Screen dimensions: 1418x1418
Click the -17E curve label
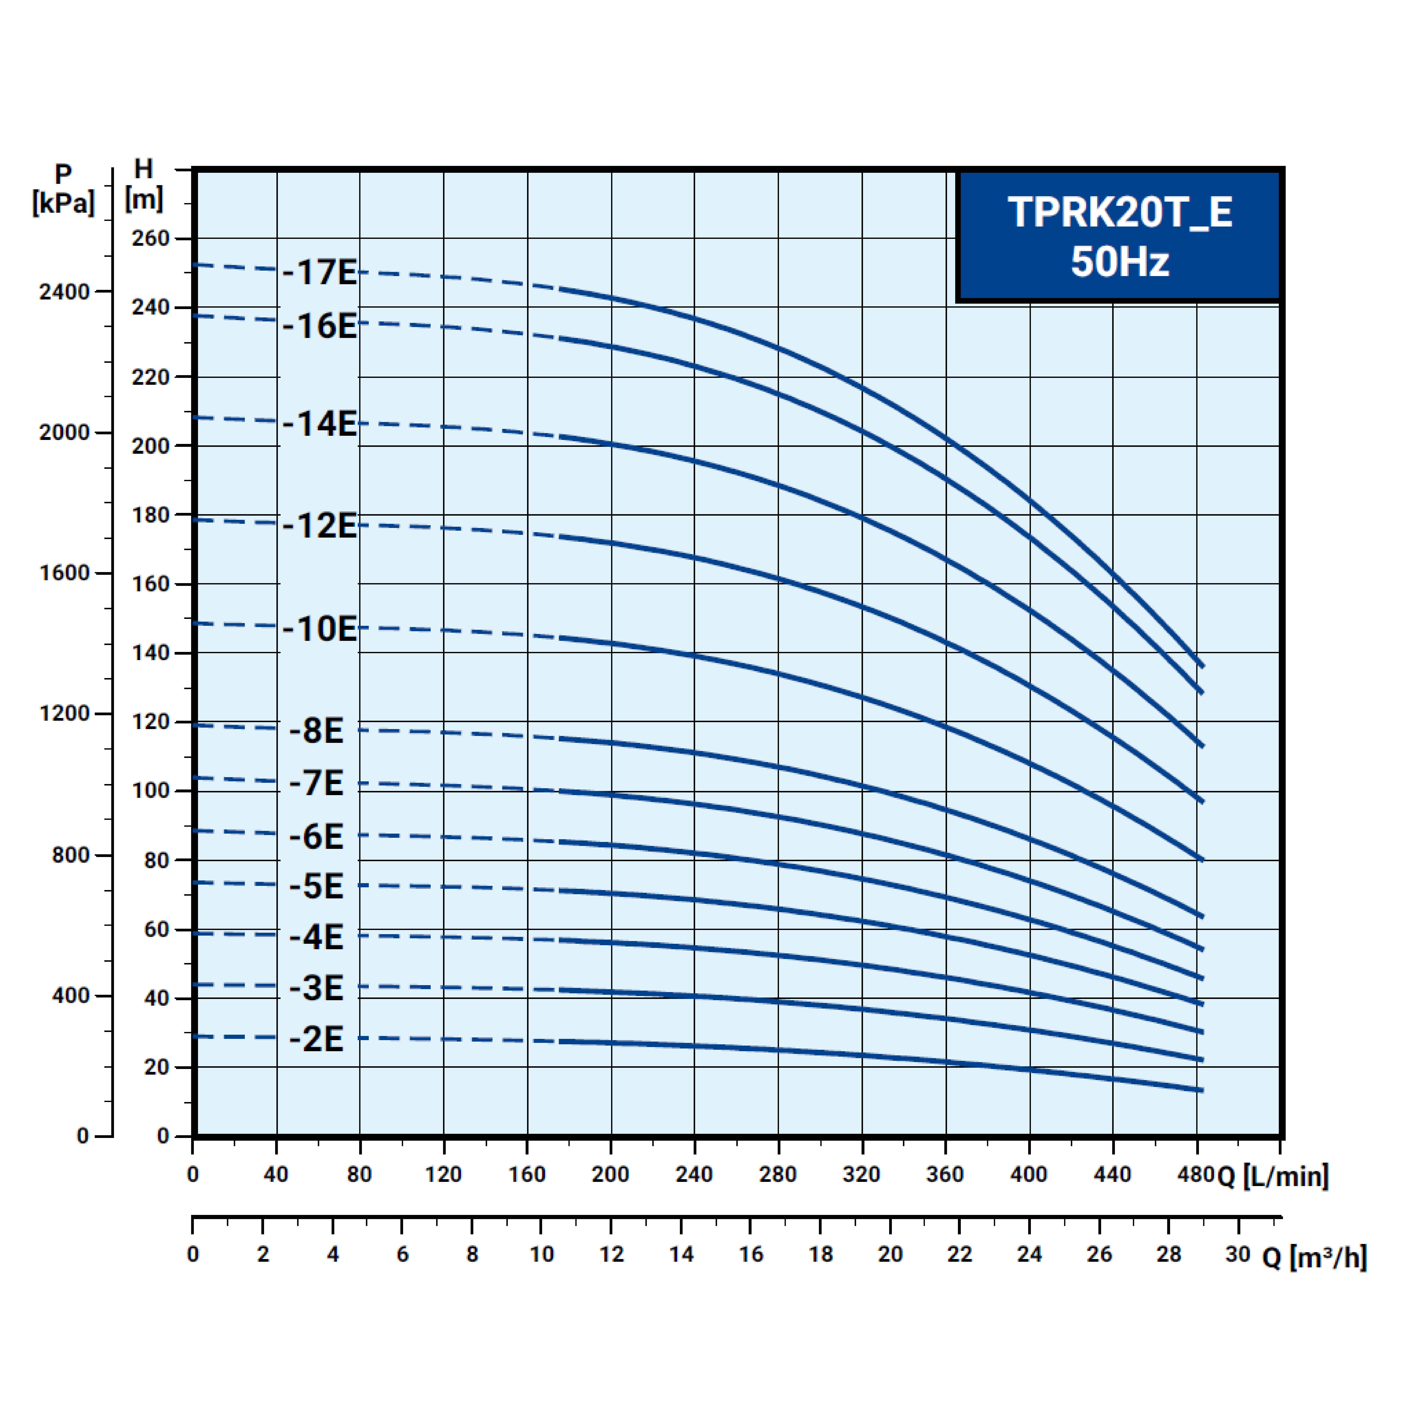pos(319,272)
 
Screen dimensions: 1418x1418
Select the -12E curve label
pos(319,526)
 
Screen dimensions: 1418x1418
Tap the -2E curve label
pos(316,1038)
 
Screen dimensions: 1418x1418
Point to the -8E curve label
pos(316,730)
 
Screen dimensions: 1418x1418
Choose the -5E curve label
pos(316,886)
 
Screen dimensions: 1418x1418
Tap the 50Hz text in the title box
pos(1119,261)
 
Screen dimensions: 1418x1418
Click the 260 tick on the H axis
pos(150,238)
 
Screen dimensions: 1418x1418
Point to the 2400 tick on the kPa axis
pos(64,292)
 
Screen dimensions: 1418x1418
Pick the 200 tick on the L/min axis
pos(610,1174)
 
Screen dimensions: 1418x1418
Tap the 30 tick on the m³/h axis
pos(1237,1254)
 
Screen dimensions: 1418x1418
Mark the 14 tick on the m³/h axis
pos(681,1254)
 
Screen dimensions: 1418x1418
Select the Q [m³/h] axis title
pos(1314,1257)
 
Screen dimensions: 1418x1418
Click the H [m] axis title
pos(144,184)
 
